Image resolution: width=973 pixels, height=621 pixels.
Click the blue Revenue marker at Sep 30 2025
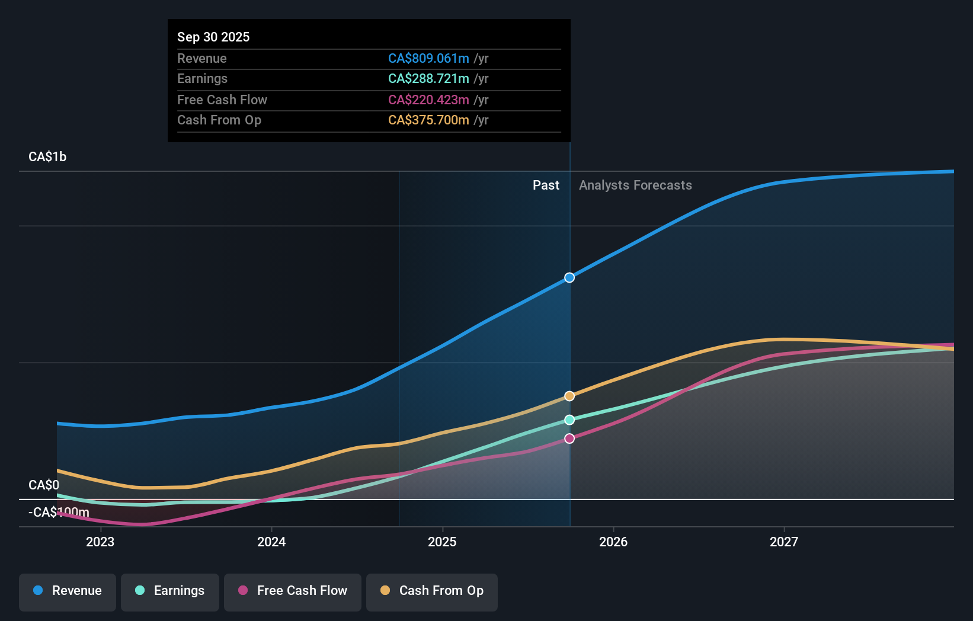(x=569, y=277)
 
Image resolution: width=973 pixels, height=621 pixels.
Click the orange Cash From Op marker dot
(x=569, y=396)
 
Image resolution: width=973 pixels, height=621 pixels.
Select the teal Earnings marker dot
(x=569, y=420)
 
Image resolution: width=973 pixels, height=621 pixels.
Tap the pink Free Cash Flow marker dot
(x=569, y=438)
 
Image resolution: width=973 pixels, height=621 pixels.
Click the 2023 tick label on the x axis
(x=100, y=542)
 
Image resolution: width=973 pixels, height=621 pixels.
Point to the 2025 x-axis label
(x=442, y=542)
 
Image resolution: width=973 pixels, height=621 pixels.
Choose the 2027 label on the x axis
(x=783, y=542)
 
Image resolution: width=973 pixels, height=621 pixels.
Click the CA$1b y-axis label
(x=47, y=157)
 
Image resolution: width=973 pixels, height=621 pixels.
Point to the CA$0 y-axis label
(x=44, y=485)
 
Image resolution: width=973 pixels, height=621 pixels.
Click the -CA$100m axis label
(x=59, y=512)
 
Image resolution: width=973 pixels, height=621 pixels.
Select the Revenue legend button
(x=68, y=591)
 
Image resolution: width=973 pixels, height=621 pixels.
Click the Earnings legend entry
(x=170, y=591)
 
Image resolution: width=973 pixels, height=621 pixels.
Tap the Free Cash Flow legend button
(x=293, y=591)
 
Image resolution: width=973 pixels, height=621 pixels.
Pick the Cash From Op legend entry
(x=432, y=591)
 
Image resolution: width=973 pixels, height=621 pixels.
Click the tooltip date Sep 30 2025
(x=213, y=37)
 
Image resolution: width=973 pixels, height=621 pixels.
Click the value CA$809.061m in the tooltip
(x=428, y=58)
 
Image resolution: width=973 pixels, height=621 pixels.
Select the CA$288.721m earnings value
(x=428, y=78)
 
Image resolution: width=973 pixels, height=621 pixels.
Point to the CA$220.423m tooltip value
(x=428, y=100)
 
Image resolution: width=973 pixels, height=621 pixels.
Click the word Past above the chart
(x=546, y=185)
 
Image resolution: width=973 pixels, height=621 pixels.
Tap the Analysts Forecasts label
(x=635, y=185)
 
